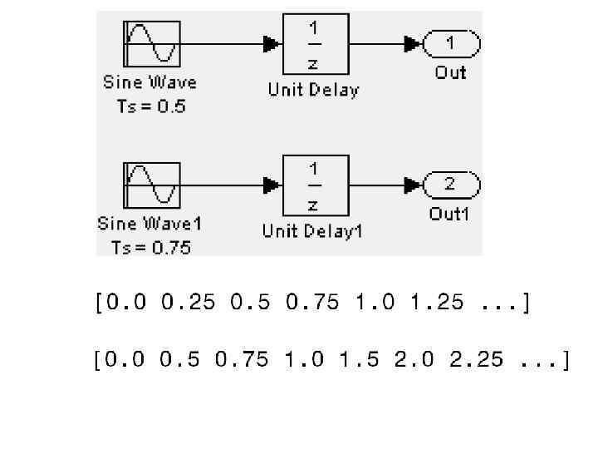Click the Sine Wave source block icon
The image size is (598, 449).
click(x=151, y=43)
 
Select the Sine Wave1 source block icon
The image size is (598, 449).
click(x=151, y=185)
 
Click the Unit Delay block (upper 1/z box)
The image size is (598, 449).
click(x=316, y=43)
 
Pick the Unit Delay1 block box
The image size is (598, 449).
click(x=316, y=185)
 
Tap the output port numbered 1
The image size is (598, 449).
click(x=451, y=43)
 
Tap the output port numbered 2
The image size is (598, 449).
click(x=451, y=185)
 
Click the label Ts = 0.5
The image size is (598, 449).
click(x=150, y=106)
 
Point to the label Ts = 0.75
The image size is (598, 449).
click(x=150, y=247)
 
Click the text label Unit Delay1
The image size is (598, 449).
click(x=313, y=230)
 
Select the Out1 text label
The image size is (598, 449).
click(x=449, y=214)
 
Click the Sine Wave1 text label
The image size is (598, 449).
click(x=150, y=224)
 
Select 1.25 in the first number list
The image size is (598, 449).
click(x=437, y=303)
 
